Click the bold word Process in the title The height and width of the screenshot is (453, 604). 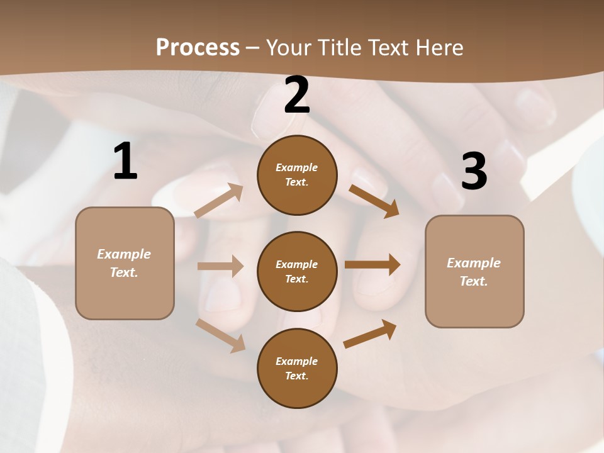coord(198,48)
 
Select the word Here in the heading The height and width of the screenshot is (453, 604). coord(439,48)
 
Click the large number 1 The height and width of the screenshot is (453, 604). coord(125,162)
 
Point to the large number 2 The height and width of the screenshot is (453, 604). coord(297,95)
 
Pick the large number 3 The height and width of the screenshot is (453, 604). coord(474,172)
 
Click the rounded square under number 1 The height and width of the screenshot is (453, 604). coord(125,263)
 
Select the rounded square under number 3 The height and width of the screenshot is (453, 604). coord(474,272)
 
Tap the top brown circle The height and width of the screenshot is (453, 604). coord(297,175)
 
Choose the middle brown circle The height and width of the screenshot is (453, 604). coord(297,271)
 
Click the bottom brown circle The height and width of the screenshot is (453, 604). coord(297,368)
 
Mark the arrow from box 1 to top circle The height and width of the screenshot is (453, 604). coord(219,201)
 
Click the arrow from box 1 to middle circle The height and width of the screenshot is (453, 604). coord(220,266)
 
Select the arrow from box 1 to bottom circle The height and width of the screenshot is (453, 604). coord(221,335)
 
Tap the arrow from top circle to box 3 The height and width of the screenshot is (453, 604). coord(374,201)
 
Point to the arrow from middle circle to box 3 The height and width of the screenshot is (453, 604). coord(372,265)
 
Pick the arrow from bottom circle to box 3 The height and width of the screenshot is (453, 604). coord(370,333)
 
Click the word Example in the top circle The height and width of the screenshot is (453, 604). coord(297,167)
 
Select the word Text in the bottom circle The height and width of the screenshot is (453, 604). coord(296,376)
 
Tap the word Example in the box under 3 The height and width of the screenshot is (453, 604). coord(474,263)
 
